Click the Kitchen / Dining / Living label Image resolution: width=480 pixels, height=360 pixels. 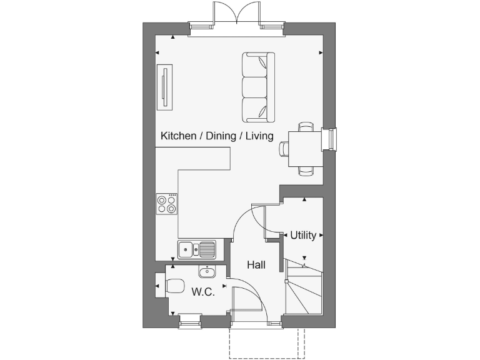(217, 136)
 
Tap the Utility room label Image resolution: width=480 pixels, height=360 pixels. (302, 236)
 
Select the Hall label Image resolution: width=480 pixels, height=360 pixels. (256, 265)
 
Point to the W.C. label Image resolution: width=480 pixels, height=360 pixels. (203, 291)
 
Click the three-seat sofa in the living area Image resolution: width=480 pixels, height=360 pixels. (258, 87)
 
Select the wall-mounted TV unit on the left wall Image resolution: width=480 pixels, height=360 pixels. (165, 86)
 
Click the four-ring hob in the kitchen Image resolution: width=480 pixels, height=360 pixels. (167, 204)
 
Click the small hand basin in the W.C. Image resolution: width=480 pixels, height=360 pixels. (207, 271)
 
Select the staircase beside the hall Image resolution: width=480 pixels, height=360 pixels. (304, 288)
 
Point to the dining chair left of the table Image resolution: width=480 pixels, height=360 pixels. (284, 149)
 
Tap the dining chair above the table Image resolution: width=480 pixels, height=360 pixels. (306, 127)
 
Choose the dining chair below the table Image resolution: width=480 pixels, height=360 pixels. (306, 170)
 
